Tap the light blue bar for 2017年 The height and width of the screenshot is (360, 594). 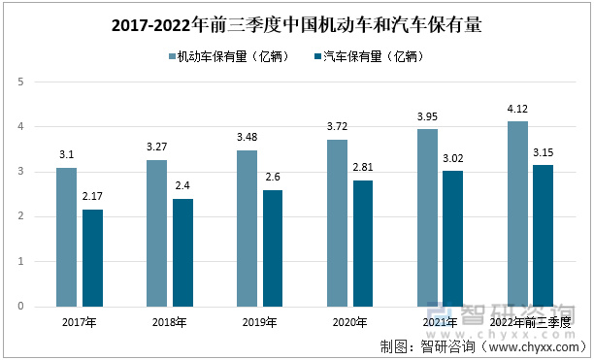point(66,237)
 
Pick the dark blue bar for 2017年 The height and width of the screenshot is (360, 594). point(92,257)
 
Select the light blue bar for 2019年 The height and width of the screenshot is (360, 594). point(247,228)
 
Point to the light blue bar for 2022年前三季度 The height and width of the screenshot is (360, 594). point(518,213)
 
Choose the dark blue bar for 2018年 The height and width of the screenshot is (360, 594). point(183,252)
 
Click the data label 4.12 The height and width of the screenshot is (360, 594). point(518,110)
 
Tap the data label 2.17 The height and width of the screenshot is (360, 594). point(92,197)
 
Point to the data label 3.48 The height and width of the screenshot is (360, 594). point(247,138)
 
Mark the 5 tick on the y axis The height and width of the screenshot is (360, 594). point(20,82)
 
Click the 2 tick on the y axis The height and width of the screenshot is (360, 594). point(20,216)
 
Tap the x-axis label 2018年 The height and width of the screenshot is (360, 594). point(170,322)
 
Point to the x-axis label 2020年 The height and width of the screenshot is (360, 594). point(347,322)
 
